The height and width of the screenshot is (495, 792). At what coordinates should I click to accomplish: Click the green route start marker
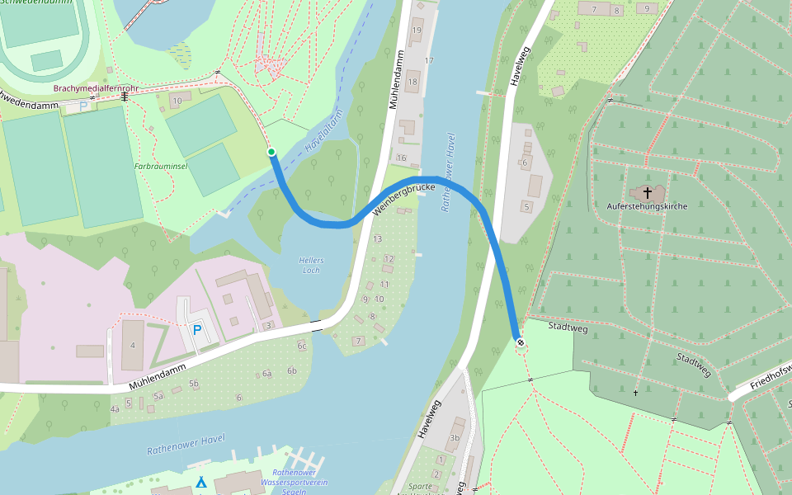tap(271, 152)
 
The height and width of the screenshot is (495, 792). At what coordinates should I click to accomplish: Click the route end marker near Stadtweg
tap(520, 342)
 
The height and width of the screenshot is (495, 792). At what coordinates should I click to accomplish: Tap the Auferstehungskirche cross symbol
tap(647, 191)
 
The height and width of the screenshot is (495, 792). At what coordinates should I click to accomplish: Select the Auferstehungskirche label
tap(647, 205)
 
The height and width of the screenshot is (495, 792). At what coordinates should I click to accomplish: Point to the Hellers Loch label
tap(311, 265)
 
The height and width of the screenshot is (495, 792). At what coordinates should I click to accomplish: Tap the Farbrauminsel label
tap(161, 165)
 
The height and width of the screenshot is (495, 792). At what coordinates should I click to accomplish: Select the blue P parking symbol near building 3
tap(196, 329)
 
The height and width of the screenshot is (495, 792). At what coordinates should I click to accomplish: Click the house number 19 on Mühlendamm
tap(417, 31)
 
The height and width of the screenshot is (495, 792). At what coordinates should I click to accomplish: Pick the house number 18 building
tap(412, 82)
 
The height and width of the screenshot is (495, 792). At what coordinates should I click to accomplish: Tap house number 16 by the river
tap(402, 158)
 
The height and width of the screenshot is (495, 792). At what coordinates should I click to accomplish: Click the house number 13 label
tap(378, 238)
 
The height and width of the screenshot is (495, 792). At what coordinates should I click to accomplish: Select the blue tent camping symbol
tap(200, 483)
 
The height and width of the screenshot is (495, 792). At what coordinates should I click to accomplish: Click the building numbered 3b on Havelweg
tap(455, 437)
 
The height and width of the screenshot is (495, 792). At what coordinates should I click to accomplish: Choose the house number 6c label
tap(302, 346)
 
